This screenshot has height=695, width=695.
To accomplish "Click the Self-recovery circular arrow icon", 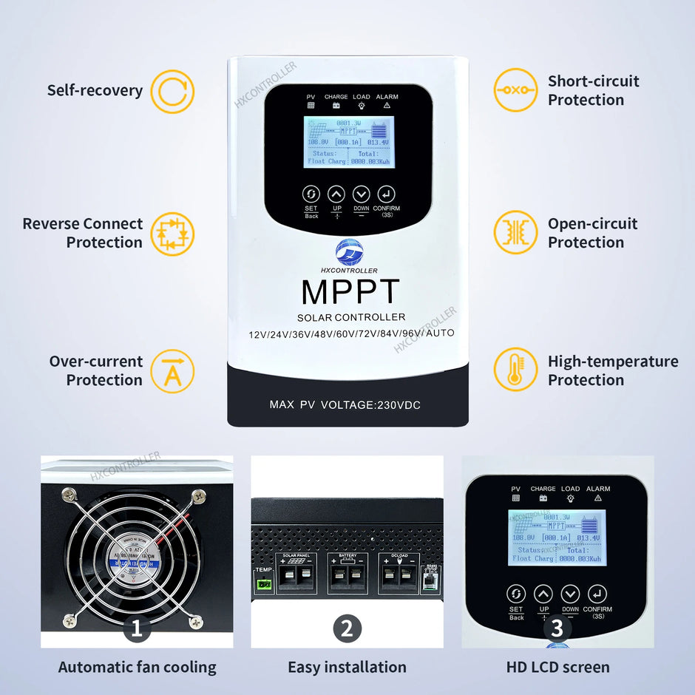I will click(172, 91).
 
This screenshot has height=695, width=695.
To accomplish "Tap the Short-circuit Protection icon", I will click(515, 90).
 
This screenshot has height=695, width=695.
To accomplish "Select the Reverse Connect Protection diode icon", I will click(172, 234).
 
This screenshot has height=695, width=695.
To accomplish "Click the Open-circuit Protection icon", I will click(515, 232).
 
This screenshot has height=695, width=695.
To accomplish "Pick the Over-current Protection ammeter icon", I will click(172, 371).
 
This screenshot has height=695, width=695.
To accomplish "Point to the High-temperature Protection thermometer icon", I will click(515, 370).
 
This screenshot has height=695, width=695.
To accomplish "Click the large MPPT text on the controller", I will click(350, 293).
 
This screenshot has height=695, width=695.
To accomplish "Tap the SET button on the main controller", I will click(311, 194).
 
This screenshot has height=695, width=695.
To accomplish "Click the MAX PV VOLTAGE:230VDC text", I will click(345, 405).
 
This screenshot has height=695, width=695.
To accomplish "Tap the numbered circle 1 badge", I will click(136, 629).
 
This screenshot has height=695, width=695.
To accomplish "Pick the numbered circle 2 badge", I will click(347, 629).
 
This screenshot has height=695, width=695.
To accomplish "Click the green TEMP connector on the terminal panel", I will click(264, 584).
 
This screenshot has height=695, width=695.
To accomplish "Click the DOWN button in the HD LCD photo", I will click(569, 594).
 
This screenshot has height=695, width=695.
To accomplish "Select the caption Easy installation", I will click(347, 667).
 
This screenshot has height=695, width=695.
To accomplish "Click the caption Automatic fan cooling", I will click(137, 667).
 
